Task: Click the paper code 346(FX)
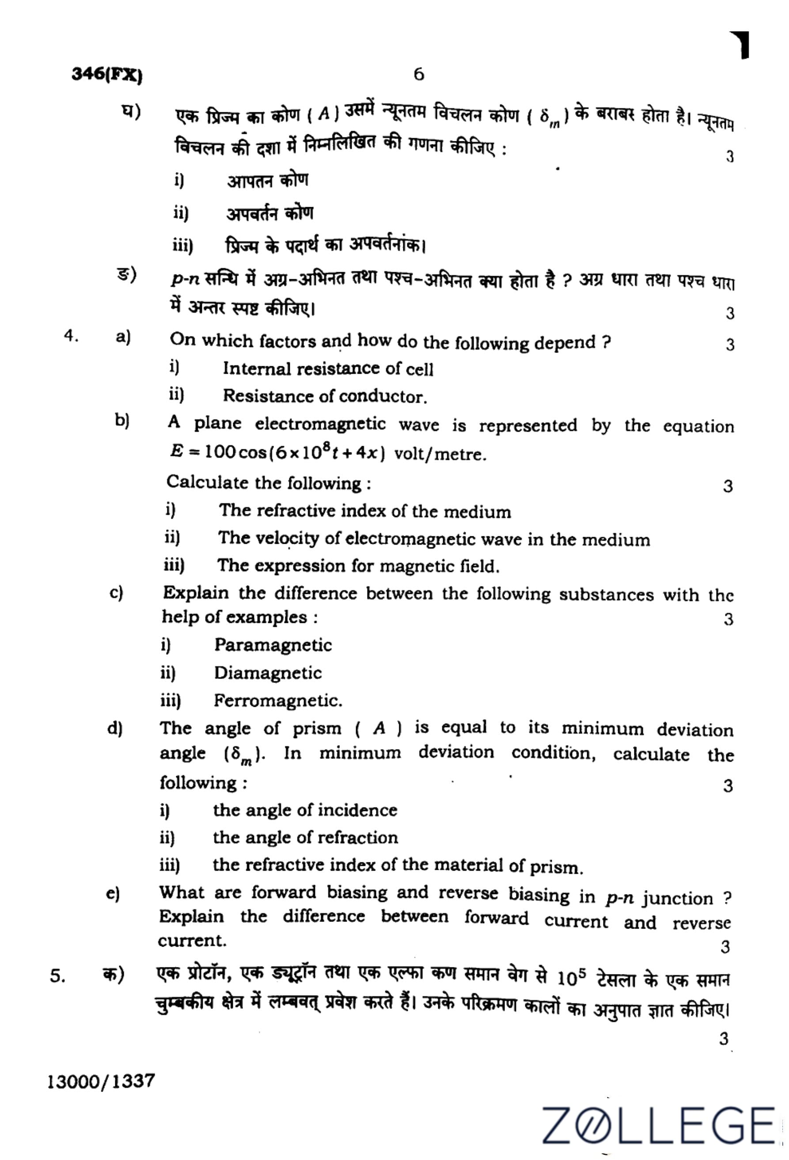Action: [107, 76]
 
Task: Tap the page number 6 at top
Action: [419, 74]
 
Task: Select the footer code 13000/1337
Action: [101, 1081]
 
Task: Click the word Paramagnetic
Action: [273, 645]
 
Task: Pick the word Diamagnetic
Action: [268, 673]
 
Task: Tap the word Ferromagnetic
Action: [277, 701]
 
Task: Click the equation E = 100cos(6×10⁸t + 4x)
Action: [277, 452]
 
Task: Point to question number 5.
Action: [57, 975]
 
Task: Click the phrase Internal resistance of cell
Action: [328, 369]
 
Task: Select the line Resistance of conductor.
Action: [325, 396]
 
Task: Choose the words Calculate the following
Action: [269, 483]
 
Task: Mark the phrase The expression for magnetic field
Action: [358, 566]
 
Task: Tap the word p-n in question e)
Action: [619, 898]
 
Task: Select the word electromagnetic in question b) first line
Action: [320, 424]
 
